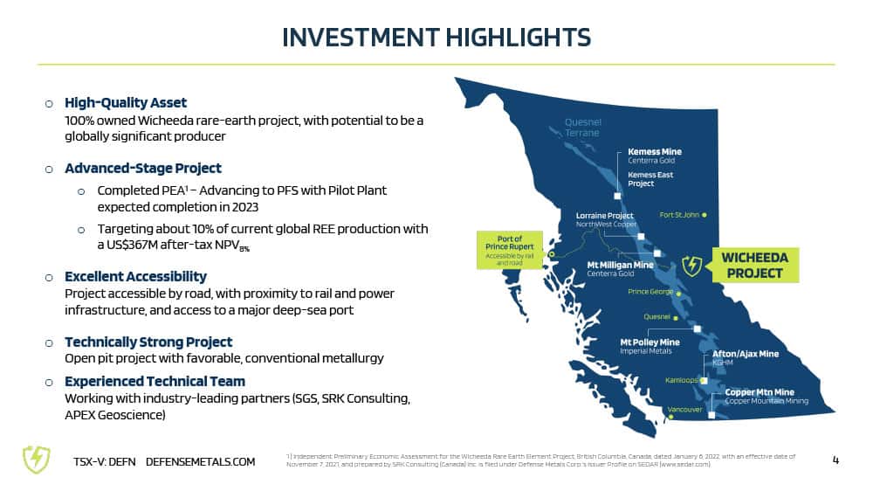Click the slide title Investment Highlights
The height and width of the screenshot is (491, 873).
click(x=436, y=38)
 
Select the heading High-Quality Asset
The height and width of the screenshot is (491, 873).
click(x=125, y=102)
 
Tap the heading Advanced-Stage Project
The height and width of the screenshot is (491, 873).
click(x=142, y=169)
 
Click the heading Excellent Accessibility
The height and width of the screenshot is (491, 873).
click(x=135, y=276)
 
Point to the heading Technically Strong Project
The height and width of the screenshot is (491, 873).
click(x=148, y=342)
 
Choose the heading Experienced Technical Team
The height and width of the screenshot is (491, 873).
click(x=155, y=381)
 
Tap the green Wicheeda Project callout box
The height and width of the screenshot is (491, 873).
click(x=754, y=266)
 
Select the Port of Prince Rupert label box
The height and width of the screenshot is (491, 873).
click(x=510, y=250)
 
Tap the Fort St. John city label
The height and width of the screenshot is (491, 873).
click(x=678, y=215)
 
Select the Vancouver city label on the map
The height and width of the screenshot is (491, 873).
click(x=684, y=410)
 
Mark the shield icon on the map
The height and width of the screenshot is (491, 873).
click(x=692, y=266)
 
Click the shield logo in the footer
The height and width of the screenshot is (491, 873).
click(x=36, y=460)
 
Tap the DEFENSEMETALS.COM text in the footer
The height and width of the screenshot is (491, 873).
click(x=201, y=462)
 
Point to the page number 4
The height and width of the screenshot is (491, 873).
click(x=835, y=460)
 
